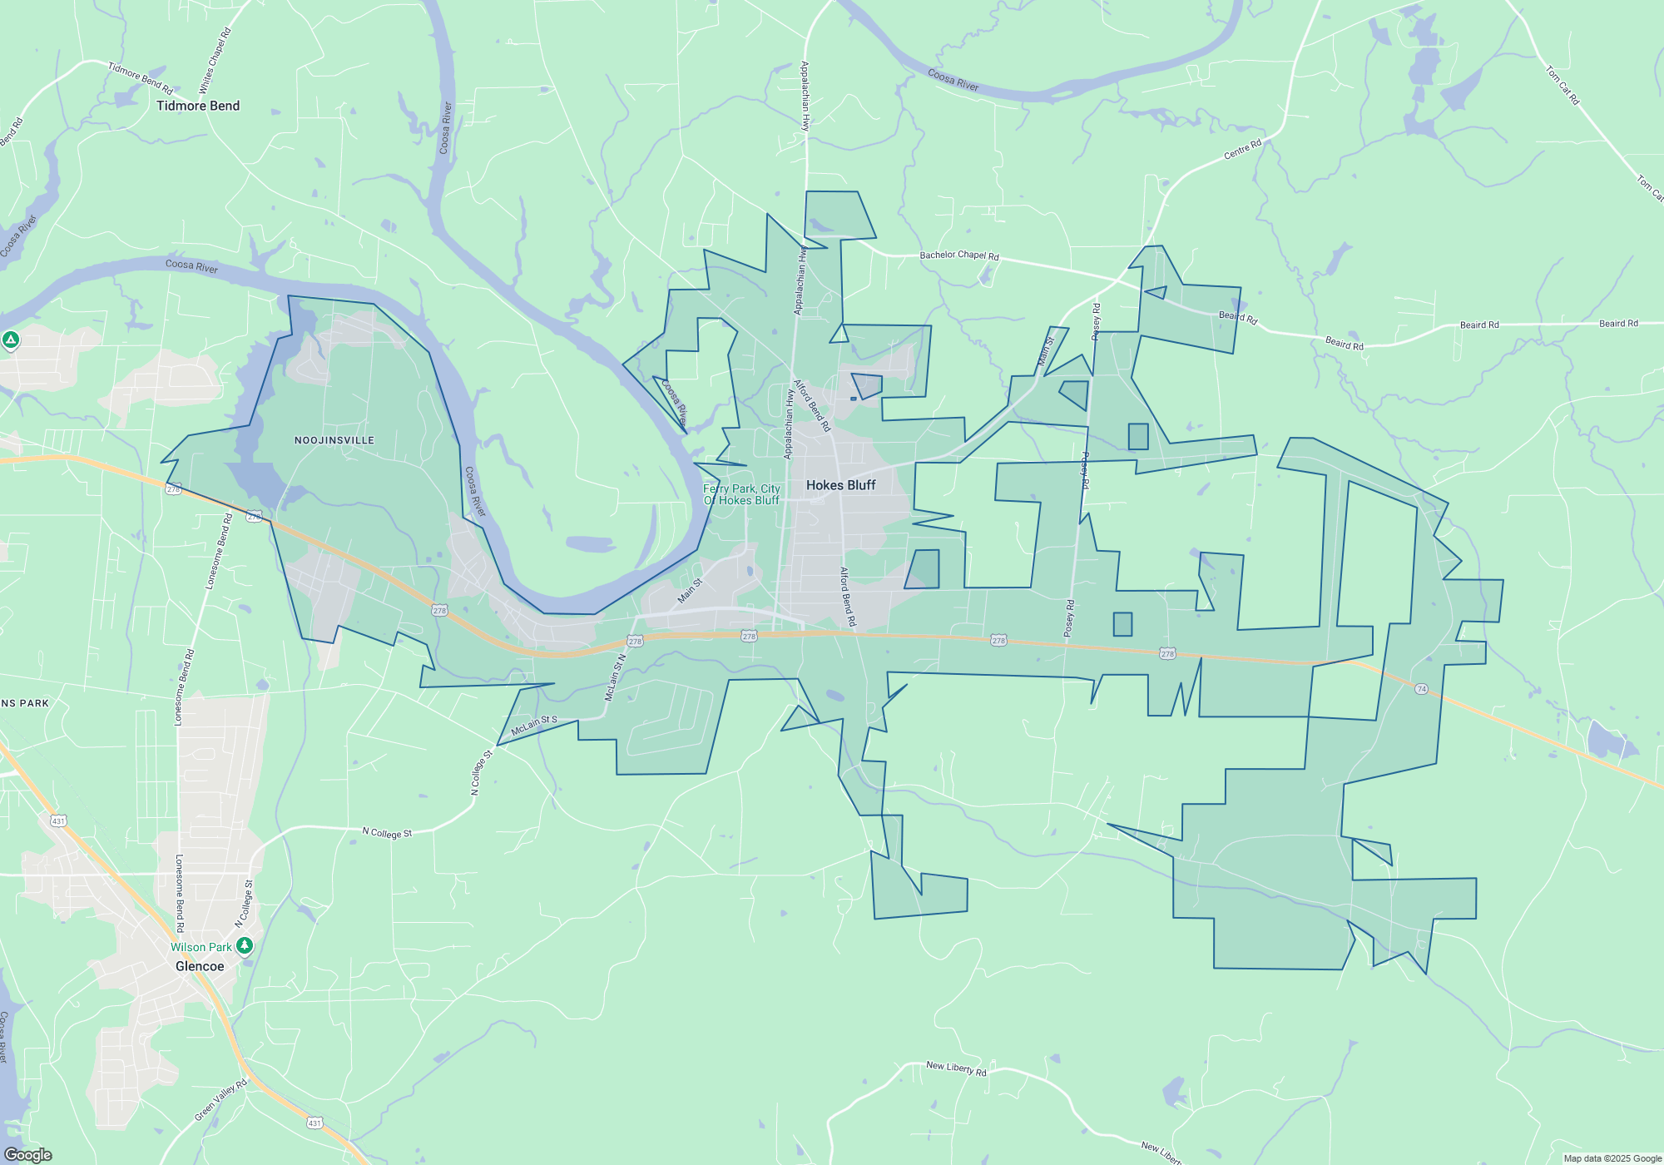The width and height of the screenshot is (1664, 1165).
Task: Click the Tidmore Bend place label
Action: (198, 106)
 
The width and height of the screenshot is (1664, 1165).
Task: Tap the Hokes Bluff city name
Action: (840, 485)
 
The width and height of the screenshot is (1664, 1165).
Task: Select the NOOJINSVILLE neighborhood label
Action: (334, 440)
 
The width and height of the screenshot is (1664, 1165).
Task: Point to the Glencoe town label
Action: (200, 966)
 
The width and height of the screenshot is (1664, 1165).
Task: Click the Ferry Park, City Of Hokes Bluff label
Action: (741, 494)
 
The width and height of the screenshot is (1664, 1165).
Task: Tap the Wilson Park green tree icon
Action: (244, 946)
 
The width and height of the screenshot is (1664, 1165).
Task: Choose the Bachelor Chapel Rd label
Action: (958, 255)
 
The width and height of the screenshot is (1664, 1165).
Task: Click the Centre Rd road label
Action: (1242, 150)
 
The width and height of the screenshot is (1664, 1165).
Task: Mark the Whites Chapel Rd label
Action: (215, 60)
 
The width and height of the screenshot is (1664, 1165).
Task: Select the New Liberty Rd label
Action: (956, 1068)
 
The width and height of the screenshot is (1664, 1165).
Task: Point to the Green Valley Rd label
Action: (221, 1100)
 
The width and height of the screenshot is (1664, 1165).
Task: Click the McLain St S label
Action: (534, 726)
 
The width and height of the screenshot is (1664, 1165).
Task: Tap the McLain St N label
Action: (615, 677)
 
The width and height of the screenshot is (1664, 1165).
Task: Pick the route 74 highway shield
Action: (1421, 689)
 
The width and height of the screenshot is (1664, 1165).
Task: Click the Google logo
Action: (27, 1155)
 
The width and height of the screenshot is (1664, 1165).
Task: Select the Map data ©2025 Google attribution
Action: (1612, 1158)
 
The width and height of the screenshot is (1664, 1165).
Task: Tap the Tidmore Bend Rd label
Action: (141, 77)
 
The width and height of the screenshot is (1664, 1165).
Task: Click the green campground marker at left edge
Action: (11, 340)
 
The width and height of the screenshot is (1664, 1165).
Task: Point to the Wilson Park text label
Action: (201, 947)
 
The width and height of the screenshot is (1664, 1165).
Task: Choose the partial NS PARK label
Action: (25, 703)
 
